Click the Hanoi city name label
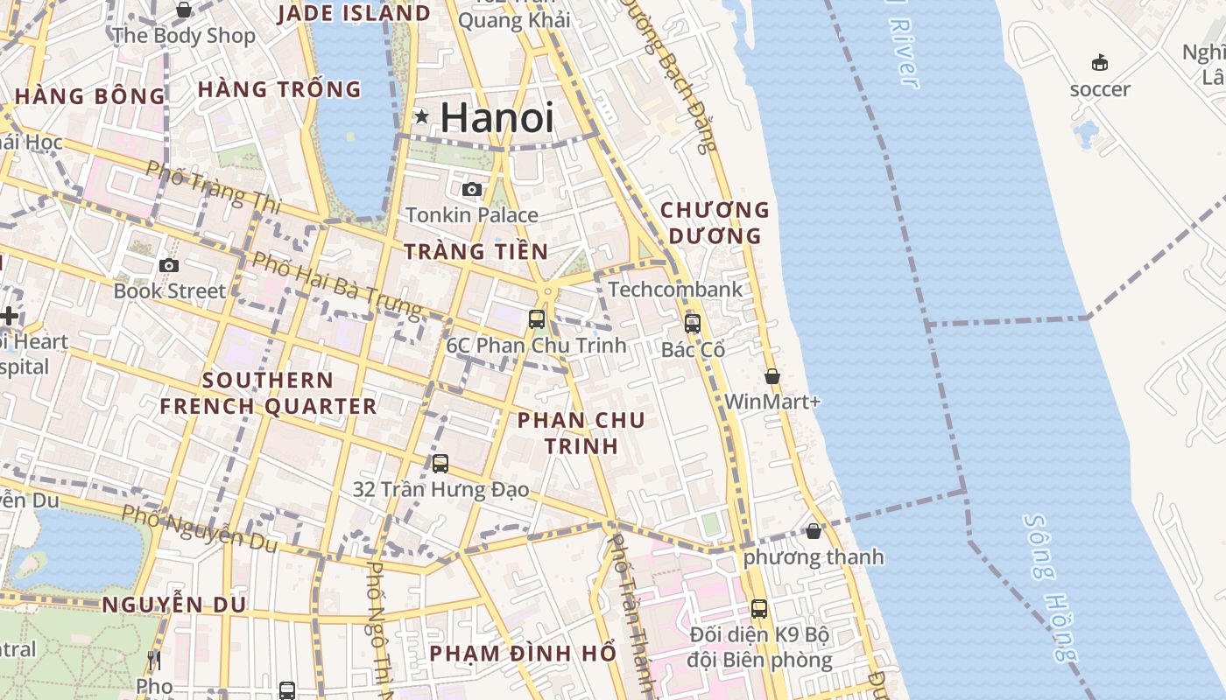497,117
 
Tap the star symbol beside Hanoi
422,115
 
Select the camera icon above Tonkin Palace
472,189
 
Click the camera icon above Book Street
169,265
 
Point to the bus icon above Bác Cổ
693,323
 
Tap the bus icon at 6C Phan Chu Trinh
537,319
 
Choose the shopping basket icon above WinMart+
772,376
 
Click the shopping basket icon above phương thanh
814,531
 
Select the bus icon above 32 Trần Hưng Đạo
440,463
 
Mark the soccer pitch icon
1099,62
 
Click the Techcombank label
675,289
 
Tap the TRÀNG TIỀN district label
476,252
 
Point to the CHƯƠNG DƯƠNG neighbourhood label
715,223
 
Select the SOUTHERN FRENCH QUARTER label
268,393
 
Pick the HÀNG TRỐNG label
279,89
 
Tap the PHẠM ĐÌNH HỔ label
523,654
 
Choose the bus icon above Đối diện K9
759,608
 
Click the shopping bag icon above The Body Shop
184,10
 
